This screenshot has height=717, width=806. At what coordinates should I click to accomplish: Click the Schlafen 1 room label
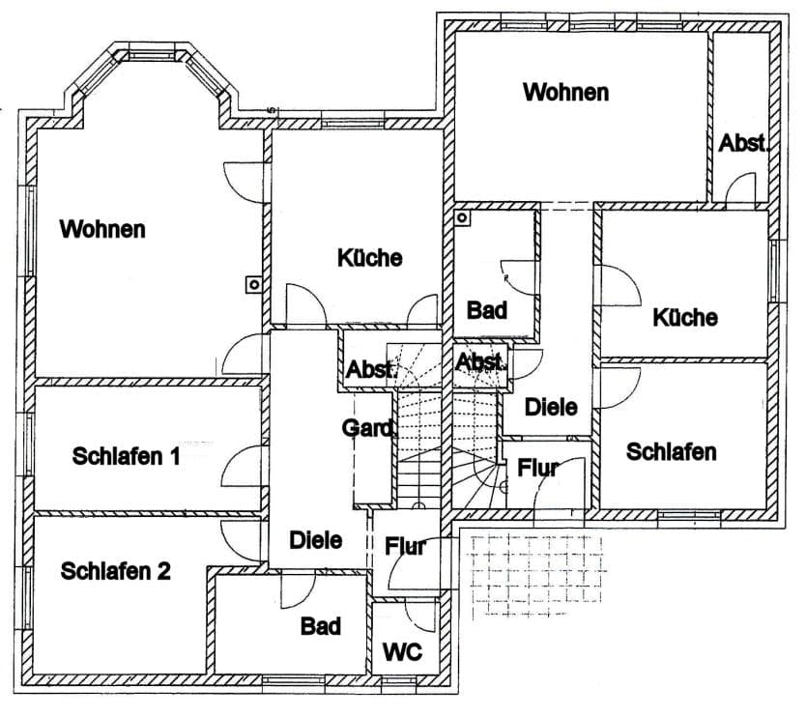(126, 456)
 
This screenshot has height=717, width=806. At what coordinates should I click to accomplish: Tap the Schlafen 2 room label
(115, 571)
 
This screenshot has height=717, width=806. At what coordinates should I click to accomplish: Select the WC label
(402, 652)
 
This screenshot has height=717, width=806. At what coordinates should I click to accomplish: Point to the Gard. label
(369, 428)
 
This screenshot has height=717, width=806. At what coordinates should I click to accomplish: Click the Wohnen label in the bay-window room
(102, 229)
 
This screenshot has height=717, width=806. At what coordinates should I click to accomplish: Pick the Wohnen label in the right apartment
(566, 92)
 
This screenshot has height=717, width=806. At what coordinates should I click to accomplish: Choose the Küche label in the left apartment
(369, 257)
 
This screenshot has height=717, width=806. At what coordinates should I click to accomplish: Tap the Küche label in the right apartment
(685, 317)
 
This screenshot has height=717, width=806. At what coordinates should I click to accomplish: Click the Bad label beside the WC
(321, 626)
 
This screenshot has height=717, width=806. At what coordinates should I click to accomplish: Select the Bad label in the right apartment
(487, 310)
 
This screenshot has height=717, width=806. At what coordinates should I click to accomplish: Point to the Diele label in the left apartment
(316, 540)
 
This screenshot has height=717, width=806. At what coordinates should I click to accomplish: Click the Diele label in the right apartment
(551, 407)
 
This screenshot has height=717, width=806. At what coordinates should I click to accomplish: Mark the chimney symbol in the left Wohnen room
(254, 284)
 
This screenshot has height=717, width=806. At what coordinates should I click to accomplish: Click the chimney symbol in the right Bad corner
(462, 217)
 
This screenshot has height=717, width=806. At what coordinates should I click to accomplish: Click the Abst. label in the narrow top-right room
(743, 143)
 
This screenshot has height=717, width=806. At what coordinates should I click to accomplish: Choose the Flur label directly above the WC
(406, 546)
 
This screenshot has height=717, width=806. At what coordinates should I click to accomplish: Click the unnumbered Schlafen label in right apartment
(672, 452)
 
